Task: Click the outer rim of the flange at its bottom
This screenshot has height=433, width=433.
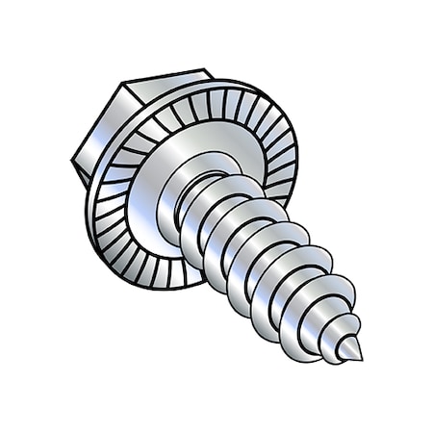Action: [173, 286]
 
